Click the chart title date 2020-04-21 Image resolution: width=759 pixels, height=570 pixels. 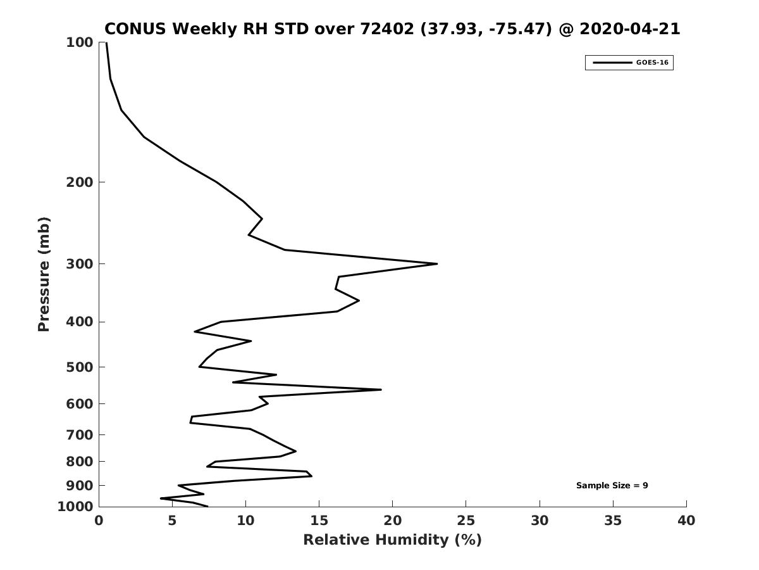(630, 28)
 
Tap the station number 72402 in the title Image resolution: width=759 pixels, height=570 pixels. (387, 28)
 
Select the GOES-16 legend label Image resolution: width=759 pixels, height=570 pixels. (652, 63)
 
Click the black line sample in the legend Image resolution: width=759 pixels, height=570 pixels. (612, 63)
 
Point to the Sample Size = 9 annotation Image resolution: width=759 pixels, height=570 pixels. (612, 485)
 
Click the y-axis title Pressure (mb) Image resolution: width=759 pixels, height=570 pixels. (44, 274)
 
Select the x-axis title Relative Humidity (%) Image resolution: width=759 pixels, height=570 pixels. (392, 540)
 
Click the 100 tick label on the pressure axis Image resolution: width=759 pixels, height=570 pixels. (80, 42)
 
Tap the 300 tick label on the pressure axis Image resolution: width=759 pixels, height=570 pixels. (80, 263)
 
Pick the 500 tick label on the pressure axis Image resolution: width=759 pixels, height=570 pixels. (80, 367)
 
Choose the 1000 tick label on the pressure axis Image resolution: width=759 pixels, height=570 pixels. (75, 507)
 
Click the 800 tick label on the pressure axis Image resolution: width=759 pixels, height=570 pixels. (80, 461)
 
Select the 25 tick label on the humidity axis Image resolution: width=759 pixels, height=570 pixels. (466, 521)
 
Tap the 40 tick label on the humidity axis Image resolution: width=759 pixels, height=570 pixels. (686, 521)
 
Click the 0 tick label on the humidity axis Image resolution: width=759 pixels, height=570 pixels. (99, 521)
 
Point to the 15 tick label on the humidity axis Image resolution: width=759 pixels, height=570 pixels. (319, 521)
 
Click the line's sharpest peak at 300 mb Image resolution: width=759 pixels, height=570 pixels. (437, 263)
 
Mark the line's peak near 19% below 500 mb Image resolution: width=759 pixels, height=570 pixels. (381, 389)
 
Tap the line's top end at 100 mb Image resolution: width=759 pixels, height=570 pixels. (106, 43)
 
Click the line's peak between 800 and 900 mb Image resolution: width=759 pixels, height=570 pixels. (312, 476)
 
